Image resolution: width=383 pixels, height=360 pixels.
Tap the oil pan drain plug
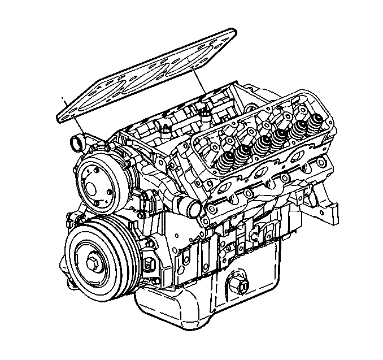[x=238, y=287]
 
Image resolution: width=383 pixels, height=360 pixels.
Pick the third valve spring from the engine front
[x=261, y=144]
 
